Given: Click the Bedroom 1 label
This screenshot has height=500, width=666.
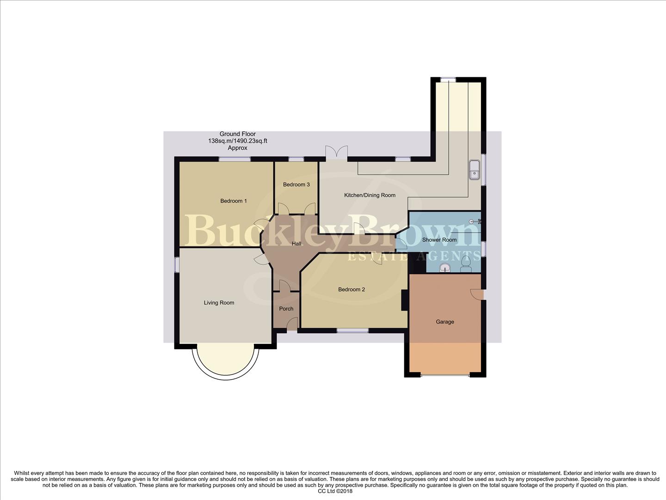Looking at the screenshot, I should (233, 201).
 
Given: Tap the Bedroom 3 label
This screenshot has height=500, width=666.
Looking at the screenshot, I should (296, 185).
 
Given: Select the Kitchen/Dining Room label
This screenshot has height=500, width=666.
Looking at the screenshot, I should (370, 195).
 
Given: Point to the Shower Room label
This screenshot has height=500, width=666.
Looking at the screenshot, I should (439, 240).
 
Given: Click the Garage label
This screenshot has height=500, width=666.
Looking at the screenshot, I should (445, 322).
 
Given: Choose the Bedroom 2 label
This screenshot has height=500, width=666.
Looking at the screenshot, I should (351, 290).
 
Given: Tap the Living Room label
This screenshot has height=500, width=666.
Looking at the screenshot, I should (219, 303).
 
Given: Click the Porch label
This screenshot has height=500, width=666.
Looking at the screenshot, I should (286, 309).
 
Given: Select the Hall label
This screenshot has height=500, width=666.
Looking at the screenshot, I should (296, 244).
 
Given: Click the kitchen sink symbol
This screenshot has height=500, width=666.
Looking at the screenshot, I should (474, 169).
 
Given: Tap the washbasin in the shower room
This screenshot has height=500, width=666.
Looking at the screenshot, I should (445, 268).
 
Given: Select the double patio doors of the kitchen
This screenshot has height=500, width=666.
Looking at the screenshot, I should (336, 153).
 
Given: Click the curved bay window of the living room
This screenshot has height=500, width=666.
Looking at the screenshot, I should (225, 361).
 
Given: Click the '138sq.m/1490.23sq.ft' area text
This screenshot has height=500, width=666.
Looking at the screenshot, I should (237, 141).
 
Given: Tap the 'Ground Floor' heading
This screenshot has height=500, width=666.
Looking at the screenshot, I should (237, 134).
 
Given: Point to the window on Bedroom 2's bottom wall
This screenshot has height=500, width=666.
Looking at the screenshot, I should (352, 331).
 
